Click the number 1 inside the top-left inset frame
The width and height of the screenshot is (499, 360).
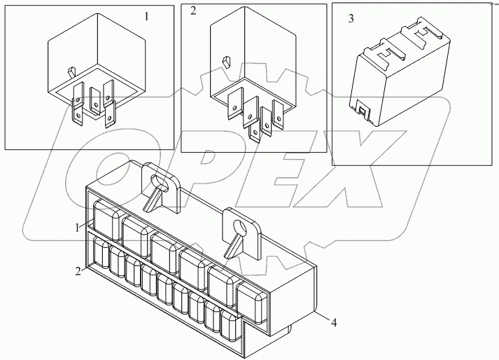(x=146, y=15)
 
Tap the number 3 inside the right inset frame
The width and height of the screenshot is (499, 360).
(x=351, y=19)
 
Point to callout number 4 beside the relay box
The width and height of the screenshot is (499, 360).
(x=335, y=324)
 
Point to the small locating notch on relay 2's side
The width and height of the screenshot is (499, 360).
(x=225, y=62)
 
